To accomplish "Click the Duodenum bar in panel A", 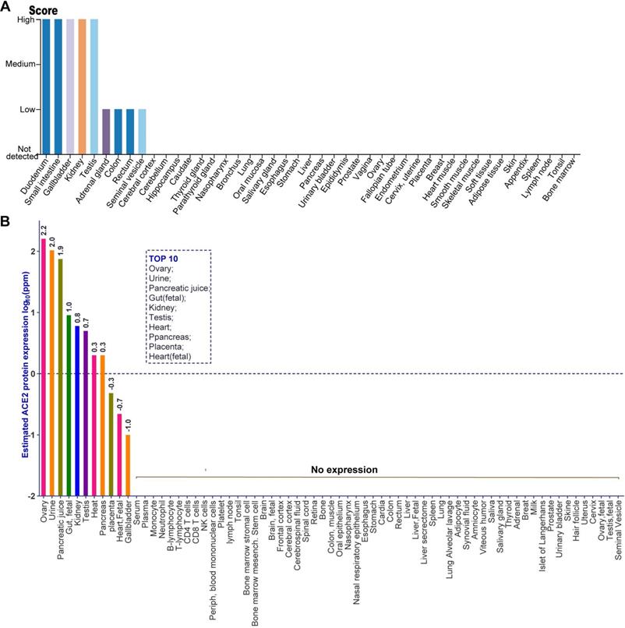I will click(x=46, y=86).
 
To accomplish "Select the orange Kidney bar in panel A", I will click(x=82, y=86).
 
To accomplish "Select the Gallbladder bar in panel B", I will click(x=128, y=464).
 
